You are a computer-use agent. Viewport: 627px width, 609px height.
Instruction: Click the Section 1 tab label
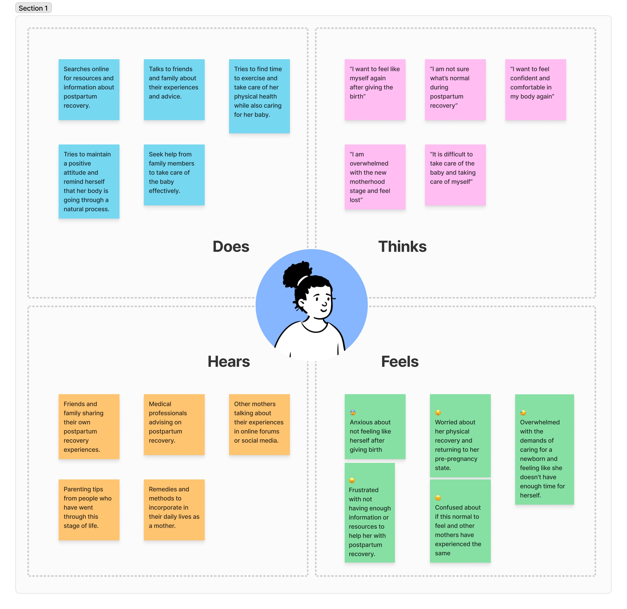33,8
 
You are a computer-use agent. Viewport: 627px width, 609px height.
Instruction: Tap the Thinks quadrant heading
402,246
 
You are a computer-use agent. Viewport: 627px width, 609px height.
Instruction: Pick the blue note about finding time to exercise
259,96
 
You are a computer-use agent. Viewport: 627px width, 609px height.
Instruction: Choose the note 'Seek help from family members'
174,175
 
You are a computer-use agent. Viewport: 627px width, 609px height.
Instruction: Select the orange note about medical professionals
174,424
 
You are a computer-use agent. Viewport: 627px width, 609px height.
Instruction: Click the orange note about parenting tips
89,509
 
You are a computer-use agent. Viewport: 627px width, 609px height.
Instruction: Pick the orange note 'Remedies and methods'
174,509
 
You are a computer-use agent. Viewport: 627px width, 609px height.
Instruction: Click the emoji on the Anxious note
352,413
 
